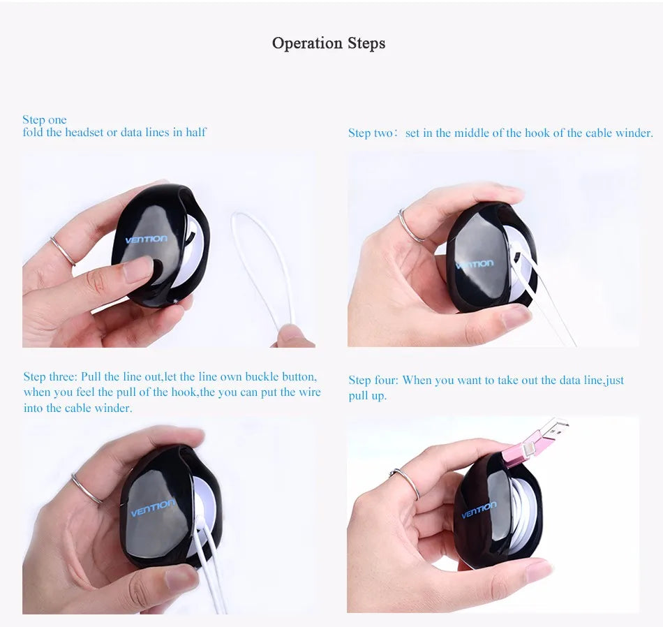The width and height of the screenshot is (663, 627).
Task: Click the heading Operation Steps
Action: click(328, 43)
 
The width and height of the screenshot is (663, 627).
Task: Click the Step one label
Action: click(45, 119)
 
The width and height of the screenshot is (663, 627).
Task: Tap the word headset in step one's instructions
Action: click(84, 132)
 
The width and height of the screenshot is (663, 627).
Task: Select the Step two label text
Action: click(371, 133)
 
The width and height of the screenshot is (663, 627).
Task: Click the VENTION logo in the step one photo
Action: click(146, 239)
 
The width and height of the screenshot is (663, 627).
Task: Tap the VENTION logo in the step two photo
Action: click(474, 265)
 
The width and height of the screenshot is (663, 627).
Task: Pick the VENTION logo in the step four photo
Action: click(479, 510)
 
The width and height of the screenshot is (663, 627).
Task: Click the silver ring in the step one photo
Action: click(63, 251)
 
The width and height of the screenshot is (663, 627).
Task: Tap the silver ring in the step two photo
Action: click(410, 227)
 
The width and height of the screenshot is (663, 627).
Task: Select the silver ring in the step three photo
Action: click(87, 489)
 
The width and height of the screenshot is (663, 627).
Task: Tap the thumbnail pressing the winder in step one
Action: click(137, 269)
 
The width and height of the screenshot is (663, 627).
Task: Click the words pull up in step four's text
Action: click(368, 396)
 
